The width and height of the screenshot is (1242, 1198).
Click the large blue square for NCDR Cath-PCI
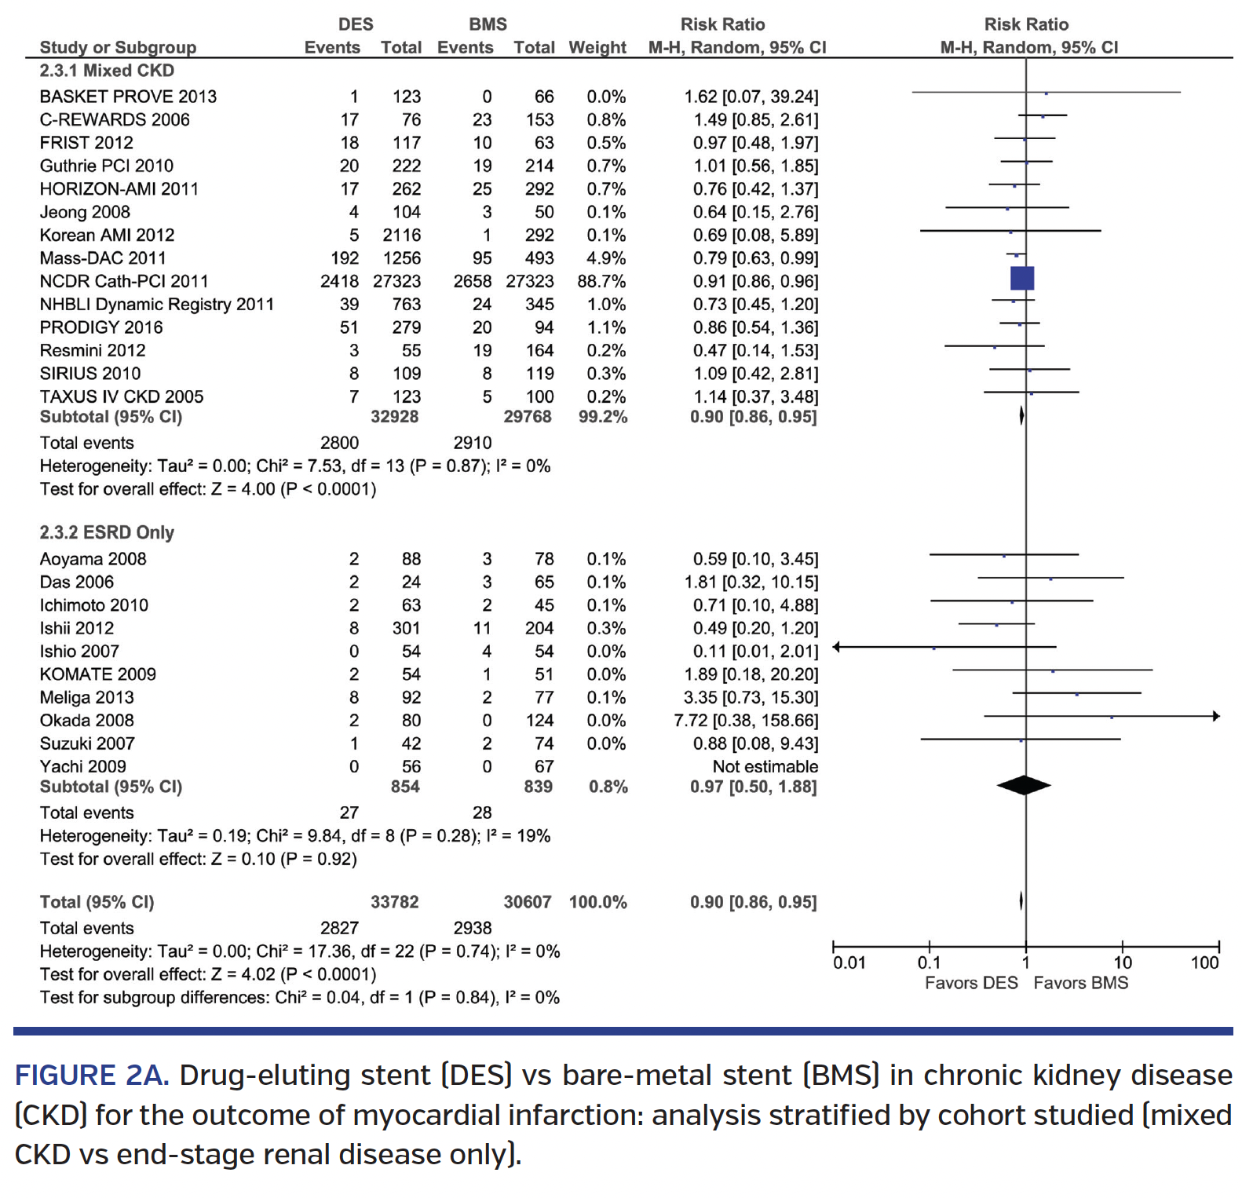click(1021, 279)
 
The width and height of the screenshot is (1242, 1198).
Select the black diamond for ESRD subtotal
click(1024, 785)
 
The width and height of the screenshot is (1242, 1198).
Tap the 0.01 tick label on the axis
click(849, 962)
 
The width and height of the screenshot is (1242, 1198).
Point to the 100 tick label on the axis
click(1204, 962)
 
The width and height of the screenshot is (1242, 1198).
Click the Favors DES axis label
click(970, 983)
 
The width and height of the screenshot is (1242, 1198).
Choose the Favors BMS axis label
click(1080, 983)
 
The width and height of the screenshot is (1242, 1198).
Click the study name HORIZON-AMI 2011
click(119, 189)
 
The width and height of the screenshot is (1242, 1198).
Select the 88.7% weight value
click(601, 281)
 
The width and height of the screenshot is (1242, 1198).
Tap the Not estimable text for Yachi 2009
click(765, 766)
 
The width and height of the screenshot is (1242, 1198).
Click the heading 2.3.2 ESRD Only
click(107, 532)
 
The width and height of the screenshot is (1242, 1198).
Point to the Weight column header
click(597, 47)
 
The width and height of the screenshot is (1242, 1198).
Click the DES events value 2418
click(339, 281)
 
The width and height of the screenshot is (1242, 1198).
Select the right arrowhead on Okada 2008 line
click(1216, 716)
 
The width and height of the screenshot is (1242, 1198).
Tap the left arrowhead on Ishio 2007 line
click(837, 647)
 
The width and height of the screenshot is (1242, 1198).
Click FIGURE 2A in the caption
click(91, 1075)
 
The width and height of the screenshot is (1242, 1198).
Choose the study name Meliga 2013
click(87, 697)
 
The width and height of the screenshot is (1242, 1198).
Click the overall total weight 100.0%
click(597, 902)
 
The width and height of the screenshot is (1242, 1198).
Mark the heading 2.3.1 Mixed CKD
click(107, 71)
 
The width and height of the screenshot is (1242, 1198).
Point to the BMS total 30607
click(528, 902)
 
